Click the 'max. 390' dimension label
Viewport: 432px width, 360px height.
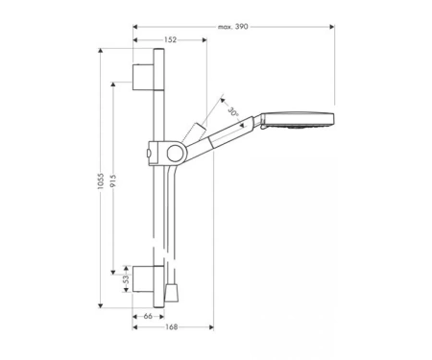[x=233, y=27]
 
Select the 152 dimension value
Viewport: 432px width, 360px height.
[x=170, y=39]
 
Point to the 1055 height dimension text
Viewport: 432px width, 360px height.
[x=101, y=181]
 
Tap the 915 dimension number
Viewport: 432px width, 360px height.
[x=113, y=181]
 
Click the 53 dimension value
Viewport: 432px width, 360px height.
[x=126, y=279]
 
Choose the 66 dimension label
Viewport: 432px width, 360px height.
[x=148, y=316]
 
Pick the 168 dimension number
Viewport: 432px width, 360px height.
[x=172, y=327]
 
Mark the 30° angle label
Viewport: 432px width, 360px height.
[x=233, y=112]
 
